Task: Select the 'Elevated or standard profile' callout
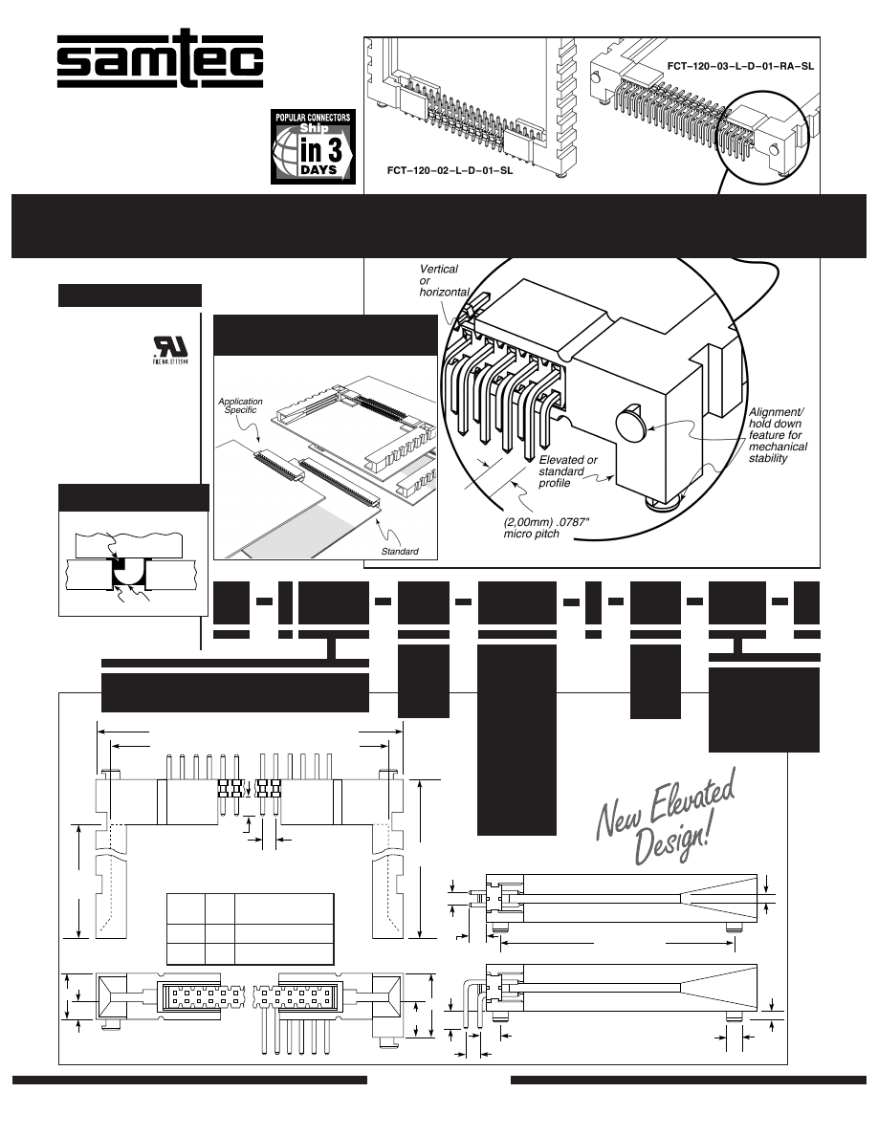pos(568,471)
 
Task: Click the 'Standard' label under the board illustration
pos(400,552)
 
